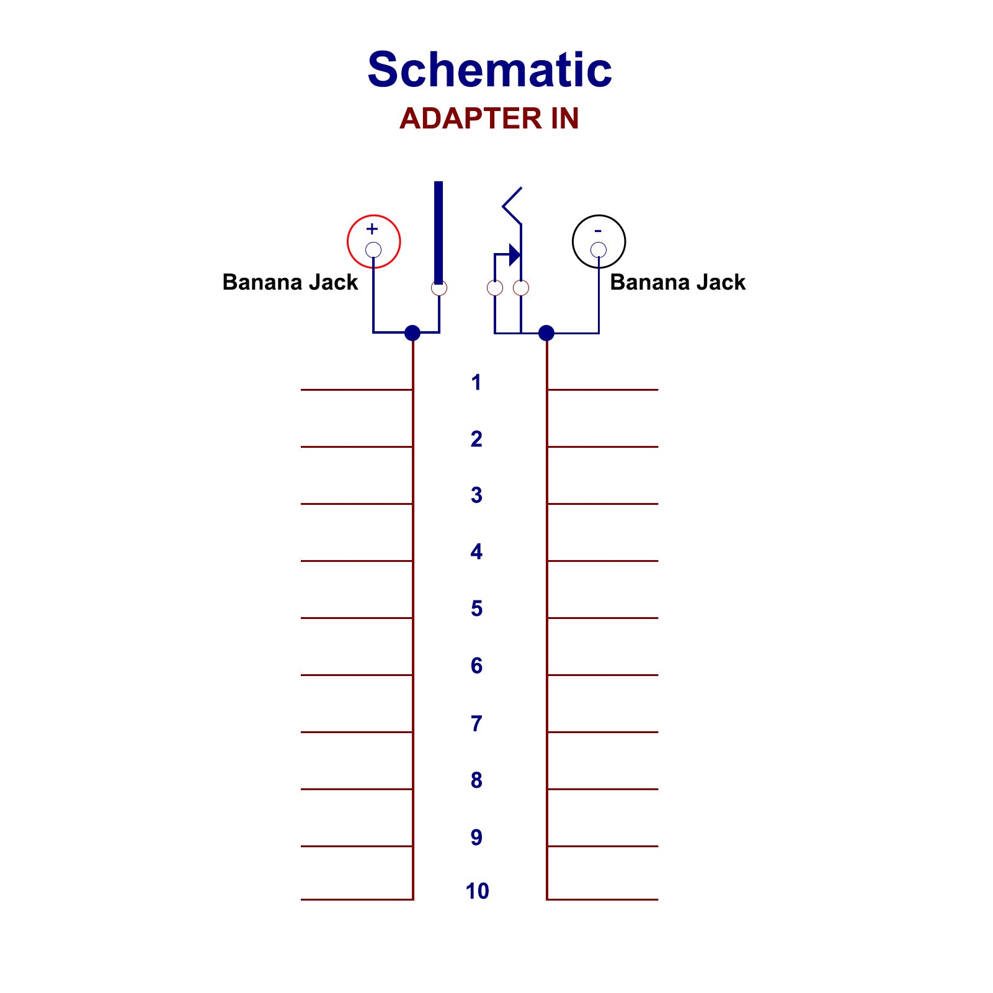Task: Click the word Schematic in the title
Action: [489, 69]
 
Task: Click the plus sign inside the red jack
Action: [372, 228]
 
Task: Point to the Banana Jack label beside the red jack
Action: [290, 282]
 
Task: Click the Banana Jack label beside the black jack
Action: [677, 282]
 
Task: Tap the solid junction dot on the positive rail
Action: [412, 333]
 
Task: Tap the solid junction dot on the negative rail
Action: [546, 333]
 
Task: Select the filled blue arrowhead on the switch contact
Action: [514, 254]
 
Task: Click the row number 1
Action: [476, 383]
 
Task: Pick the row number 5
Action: [476, 608]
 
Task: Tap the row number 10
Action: [477, 891]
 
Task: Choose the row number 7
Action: [476, 723]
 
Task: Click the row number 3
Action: [476, 495]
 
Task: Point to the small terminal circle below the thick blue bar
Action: [439, 288]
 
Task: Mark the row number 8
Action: [476, 780]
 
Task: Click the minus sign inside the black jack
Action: [598, 231]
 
